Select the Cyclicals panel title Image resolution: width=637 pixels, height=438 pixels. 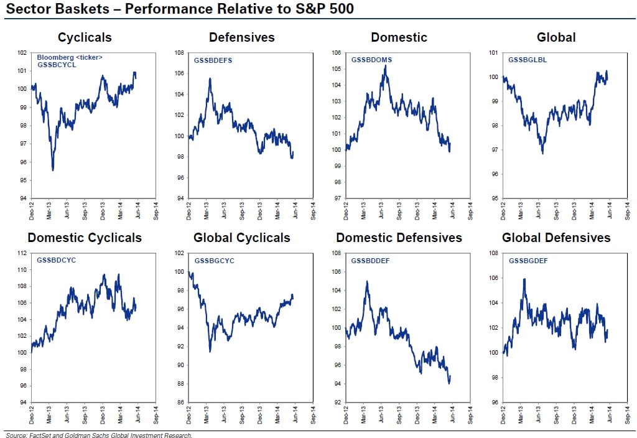point(85,37)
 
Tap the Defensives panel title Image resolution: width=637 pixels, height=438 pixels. point(241,37)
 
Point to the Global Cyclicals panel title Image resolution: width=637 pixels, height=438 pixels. point(241,238)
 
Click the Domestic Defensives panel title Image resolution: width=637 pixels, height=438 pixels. point(399,238)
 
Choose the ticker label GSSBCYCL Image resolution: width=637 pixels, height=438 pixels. point(57,65)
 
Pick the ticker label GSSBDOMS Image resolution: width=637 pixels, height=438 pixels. point(371,60)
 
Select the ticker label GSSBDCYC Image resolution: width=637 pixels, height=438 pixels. point(57,259)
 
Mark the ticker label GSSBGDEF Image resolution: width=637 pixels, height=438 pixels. point(528,259)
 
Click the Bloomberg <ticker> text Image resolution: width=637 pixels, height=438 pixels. point(70,57)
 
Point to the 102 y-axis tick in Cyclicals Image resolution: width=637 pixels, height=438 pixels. point(22,53)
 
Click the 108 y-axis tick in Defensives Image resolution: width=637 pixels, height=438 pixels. point(179,53)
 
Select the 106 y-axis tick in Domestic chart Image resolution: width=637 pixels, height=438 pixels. point(336,53)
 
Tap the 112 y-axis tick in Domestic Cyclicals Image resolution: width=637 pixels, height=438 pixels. point(22,253)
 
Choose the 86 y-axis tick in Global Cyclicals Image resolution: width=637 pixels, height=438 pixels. point(179,402)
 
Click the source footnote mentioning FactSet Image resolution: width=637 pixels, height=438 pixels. point(99,436)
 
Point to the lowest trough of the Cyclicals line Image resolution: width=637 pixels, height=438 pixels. point(53,170)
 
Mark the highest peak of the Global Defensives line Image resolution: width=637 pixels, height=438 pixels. point(524,279)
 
